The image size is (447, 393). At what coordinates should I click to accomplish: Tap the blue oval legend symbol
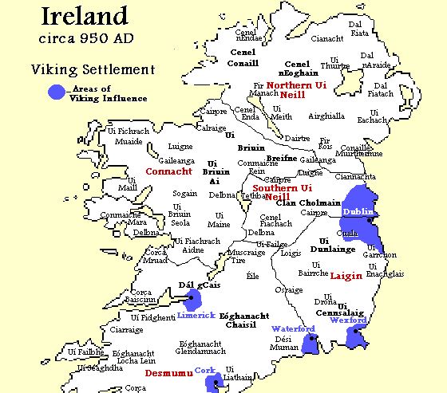[x=56, y=92]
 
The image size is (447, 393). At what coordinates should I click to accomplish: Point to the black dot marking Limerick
[x=190, y=301]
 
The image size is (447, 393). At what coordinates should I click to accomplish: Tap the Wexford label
[x=347, y=320]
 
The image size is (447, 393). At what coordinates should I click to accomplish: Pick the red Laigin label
[x=346, y=274]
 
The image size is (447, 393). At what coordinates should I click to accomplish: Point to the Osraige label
[x=290, y=290]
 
